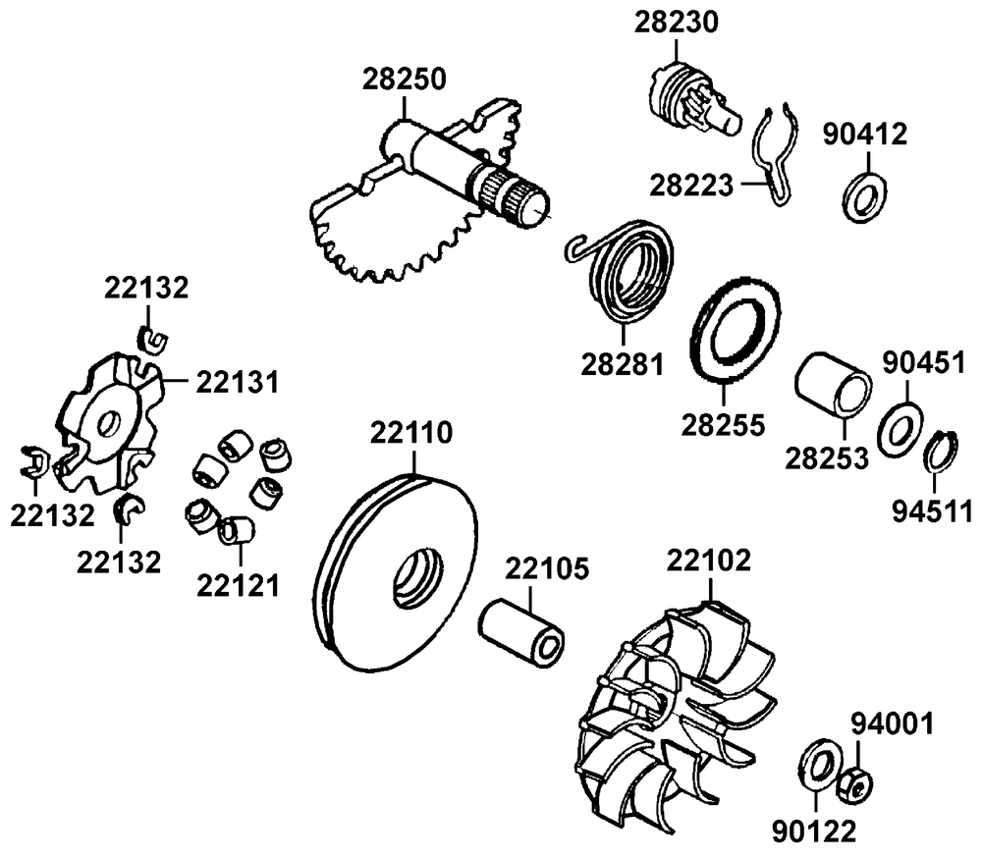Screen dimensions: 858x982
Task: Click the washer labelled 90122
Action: [x=817, y=766]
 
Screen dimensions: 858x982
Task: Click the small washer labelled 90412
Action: [x=864, y=195]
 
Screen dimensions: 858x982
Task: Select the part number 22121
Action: [x=238, y=585]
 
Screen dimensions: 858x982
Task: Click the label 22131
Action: [x=238, y=380]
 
